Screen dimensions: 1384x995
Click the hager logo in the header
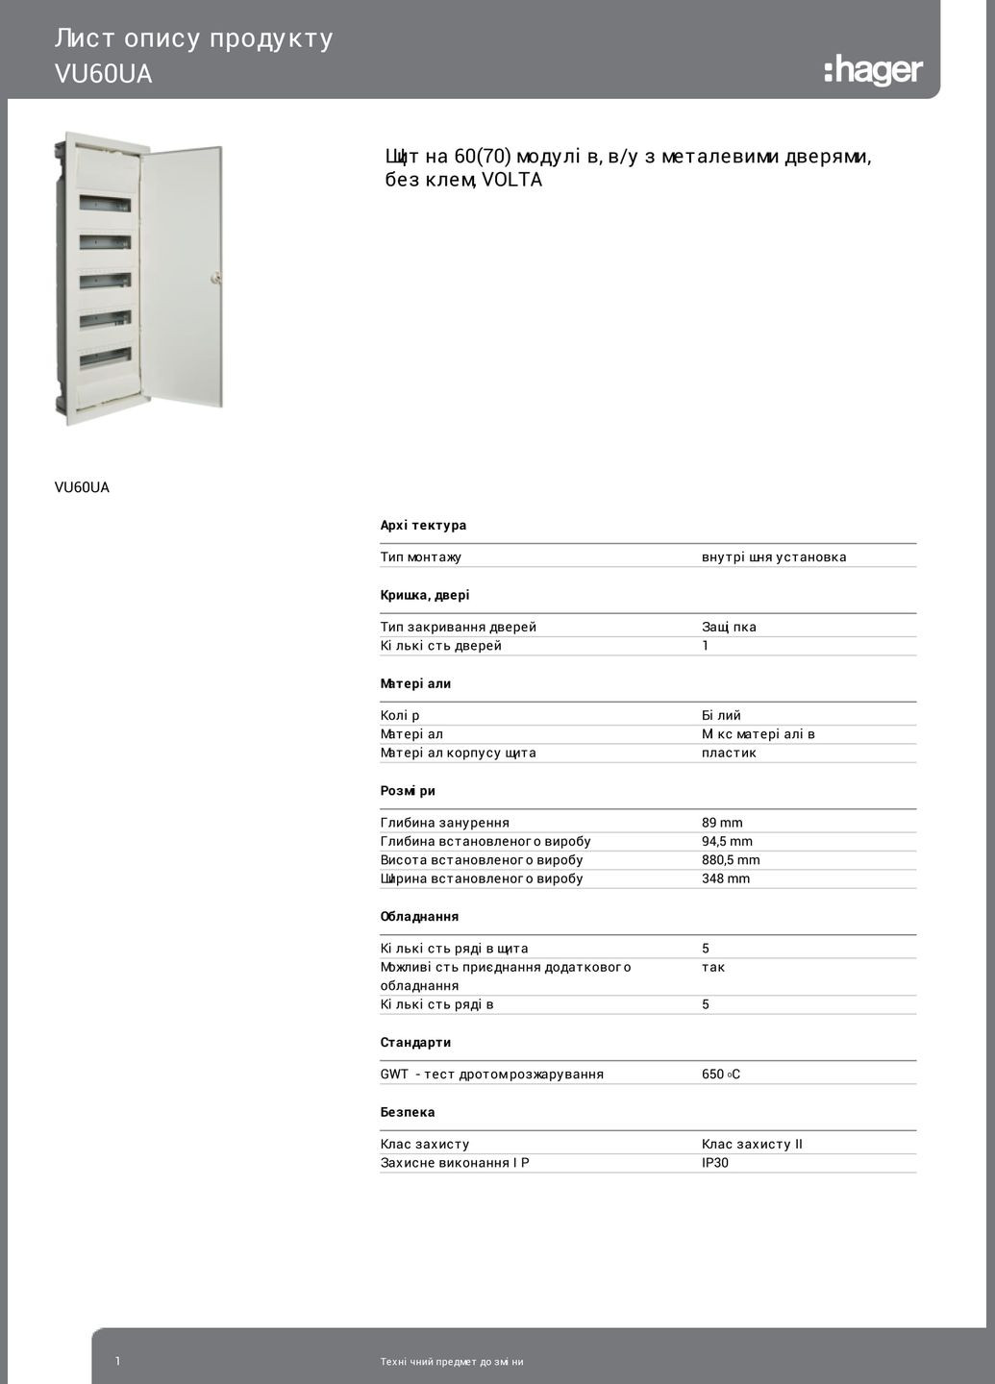tap(873, 70)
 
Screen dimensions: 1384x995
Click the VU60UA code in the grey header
tap(104, 74)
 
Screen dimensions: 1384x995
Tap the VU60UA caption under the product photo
tap(82, 487)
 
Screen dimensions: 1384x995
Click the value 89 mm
tap(722, 823)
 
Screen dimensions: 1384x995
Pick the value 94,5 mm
tap(727, 841)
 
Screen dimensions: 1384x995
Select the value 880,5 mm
tap(731, 860)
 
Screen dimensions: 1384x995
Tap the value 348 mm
tap(726, 878)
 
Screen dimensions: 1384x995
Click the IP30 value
tap(715, 1163)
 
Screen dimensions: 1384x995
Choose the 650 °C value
tap(721, 1075)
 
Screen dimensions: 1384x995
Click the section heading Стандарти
tap(415, 1043)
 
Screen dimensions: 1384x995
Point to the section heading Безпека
tap(408, 1112)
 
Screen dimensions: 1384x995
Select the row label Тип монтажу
tap(421, 557)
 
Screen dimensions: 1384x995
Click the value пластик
tap(729, 753)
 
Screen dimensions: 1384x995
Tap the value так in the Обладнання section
tap(713, 967)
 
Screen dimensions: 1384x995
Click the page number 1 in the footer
tap(118, 1361)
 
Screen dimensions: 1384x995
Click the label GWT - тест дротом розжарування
tap(492, 1075)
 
